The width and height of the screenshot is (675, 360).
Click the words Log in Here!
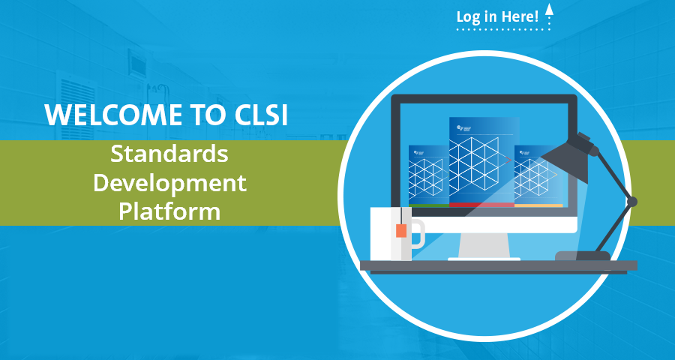pyautogui.click(x=496, y=16)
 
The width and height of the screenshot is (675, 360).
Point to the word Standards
pyautogui.click(x=169, y=155)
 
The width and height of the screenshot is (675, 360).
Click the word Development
pyautogui.click(x=169, y=182)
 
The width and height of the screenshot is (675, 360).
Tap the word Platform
pyautogui.click(x=169, y=211)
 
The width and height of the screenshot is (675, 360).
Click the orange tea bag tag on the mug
pyautogui.click(x=401, y=230)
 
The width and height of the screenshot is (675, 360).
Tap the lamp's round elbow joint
pyautogui.click(x=631, y=202)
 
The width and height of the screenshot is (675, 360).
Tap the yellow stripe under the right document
pyautogui.click(x=538, y=205)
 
